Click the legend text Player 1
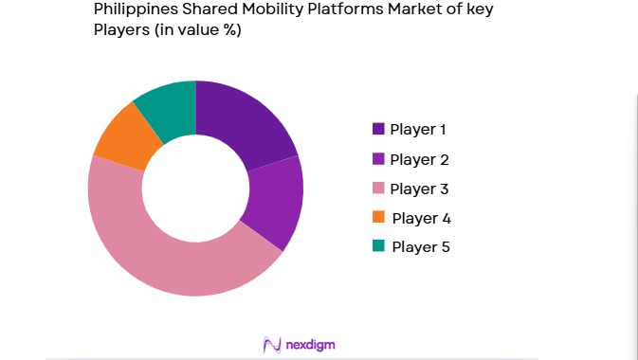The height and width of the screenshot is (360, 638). (x=418, y=129)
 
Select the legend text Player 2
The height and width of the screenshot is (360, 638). (x=418, y=159)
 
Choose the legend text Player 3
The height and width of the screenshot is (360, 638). (x=418, y=188)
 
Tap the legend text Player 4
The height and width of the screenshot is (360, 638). (x=421, y=218)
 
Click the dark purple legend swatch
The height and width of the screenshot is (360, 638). (x=379, y=129)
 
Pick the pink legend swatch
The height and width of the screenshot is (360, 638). (x=379, y=188)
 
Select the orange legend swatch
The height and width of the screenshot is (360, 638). (x=379, y=217)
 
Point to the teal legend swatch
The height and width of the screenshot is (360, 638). (x=379, y=246)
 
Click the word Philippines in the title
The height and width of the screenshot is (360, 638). (x=133, y=10)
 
